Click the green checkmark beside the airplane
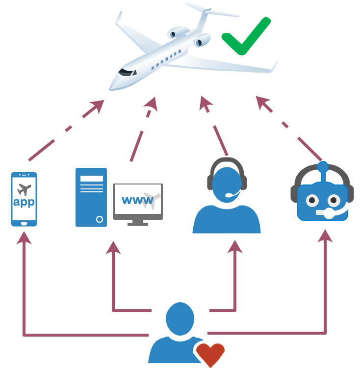(x=245, y=37)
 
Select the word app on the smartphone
(x=23, y=202)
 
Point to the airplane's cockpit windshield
(x=127, y=72)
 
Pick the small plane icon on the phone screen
(x=23, y=188)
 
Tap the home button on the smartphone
(x=24, y=223)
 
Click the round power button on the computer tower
(x=100, y=219)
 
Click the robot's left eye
(x=311, y=200)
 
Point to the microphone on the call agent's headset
(x=230, y=195)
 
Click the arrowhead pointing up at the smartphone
(x=24, y=238)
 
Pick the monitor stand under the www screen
(x=138, y=222)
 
